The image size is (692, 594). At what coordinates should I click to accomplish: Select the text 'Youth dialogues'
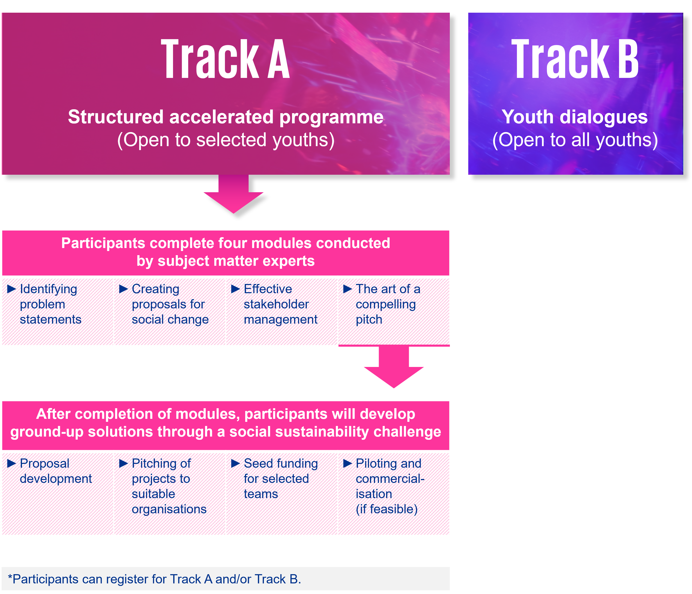575,117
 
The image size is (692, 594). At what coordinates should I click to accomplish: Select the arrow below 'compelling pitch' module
394,367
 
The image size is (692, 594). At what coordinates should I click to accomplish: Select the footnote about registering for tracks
155,579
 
